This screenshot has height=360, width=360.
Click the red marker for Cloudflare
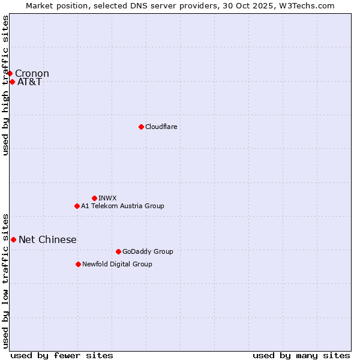(x=141, y=127)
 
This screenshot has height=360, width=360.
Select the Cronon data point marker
(x=10, y=73)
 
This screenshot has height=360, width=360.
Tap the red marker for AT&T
(x=12, y=82)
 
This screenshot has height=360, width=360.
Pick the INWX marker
(x=94, y=198)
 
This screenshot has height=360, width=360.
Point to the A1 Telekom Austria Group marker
(x=77, y=206)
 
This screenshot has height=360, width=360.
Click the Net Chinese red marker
(x=13, y=239)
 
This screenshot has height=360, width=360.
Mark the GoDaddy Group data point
(x=118, y=251)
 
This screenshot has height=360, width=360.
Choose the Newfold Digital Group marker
(x=78, y=264)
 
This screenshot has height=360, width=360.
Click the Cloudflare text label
(x=161, y=127)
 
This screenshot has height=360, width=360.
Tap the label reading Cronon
(x=32, y=74)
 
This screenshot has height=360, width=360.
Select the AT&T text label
(x=29, y=82)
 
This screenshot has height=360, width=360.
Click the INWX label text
(x=107, y=198)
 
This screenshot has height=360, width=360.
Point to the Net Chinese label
(x=47, y=240)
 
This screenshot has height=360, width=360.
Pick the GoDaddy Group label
(x=148, y=251)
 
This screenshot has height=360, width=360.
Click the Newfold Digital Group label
(x=117, y=264)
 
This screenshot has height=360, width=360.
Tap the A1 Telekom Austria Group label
(x=122, y=206)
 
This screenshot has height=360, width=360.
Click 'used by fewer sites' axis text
(x=62, y=355)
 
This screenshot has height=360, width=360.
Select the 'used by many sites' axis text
(x=301, y=355)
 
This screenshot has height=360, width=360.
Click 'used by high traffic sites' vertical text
(x=5, y=86)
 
